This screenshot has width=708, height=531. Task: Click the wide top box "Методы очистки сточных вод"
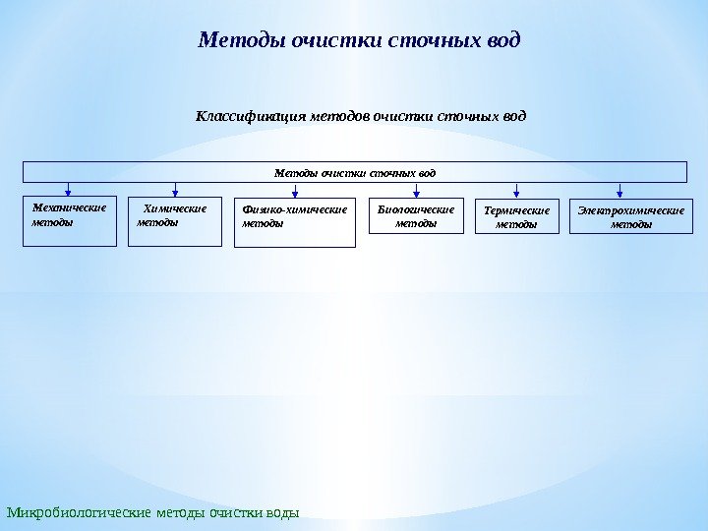click(x=354, y=172)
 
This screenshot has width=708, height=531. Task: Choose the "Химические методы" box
click(x=175, y=221)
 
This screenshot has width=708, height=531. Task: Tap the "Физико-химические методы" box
click(x=295, y=223)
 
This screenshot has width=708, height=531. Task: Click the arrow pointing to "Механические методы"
click(x=68, y=190)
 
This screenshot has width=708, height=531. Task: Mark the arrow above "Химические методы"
click(x=175, y=190)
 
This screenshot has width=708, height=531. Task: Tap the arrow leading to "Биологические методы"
click(x=417, y=191)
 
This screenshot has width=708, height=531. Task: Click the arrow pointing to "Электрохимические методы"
click(x=619, y=191)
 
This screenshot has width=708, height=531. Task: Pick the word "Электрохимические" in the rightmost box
click(x=630, y=210)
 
